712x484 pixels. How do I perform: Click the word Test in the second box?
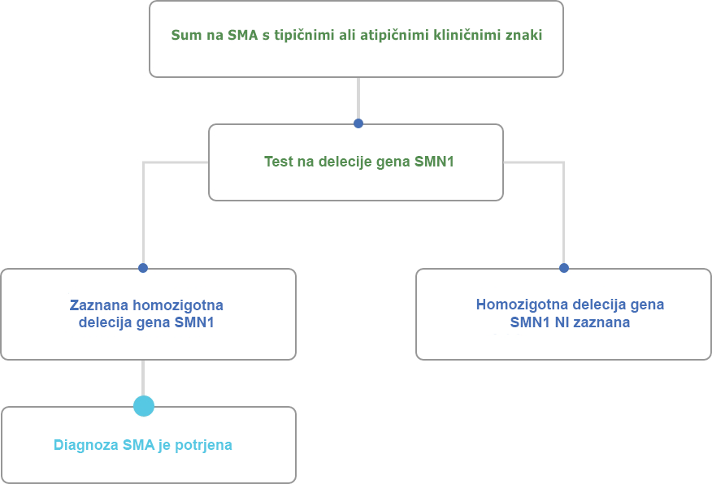pos(279,162)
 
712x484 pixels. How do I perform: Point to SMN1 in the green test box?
pos(434,162)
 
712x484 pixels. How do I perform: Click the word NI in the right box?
pos(561,322)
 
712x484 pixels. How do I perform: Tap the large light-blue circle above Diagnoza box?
pos(144,406)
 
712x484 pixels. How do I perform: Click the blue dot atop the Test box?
pos(358,123)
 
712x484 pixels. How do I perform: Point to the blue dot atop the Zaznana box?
pos(143,268)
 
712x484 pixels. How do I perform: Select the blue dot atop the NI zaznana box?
pos(564,268)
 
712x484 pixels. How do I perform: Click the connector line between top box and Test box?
pos(358,98)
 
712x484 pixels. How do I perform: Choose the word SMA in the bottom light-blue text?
pos(139,445)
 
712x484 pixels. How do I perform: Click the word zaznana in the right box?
pos(601,322)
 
